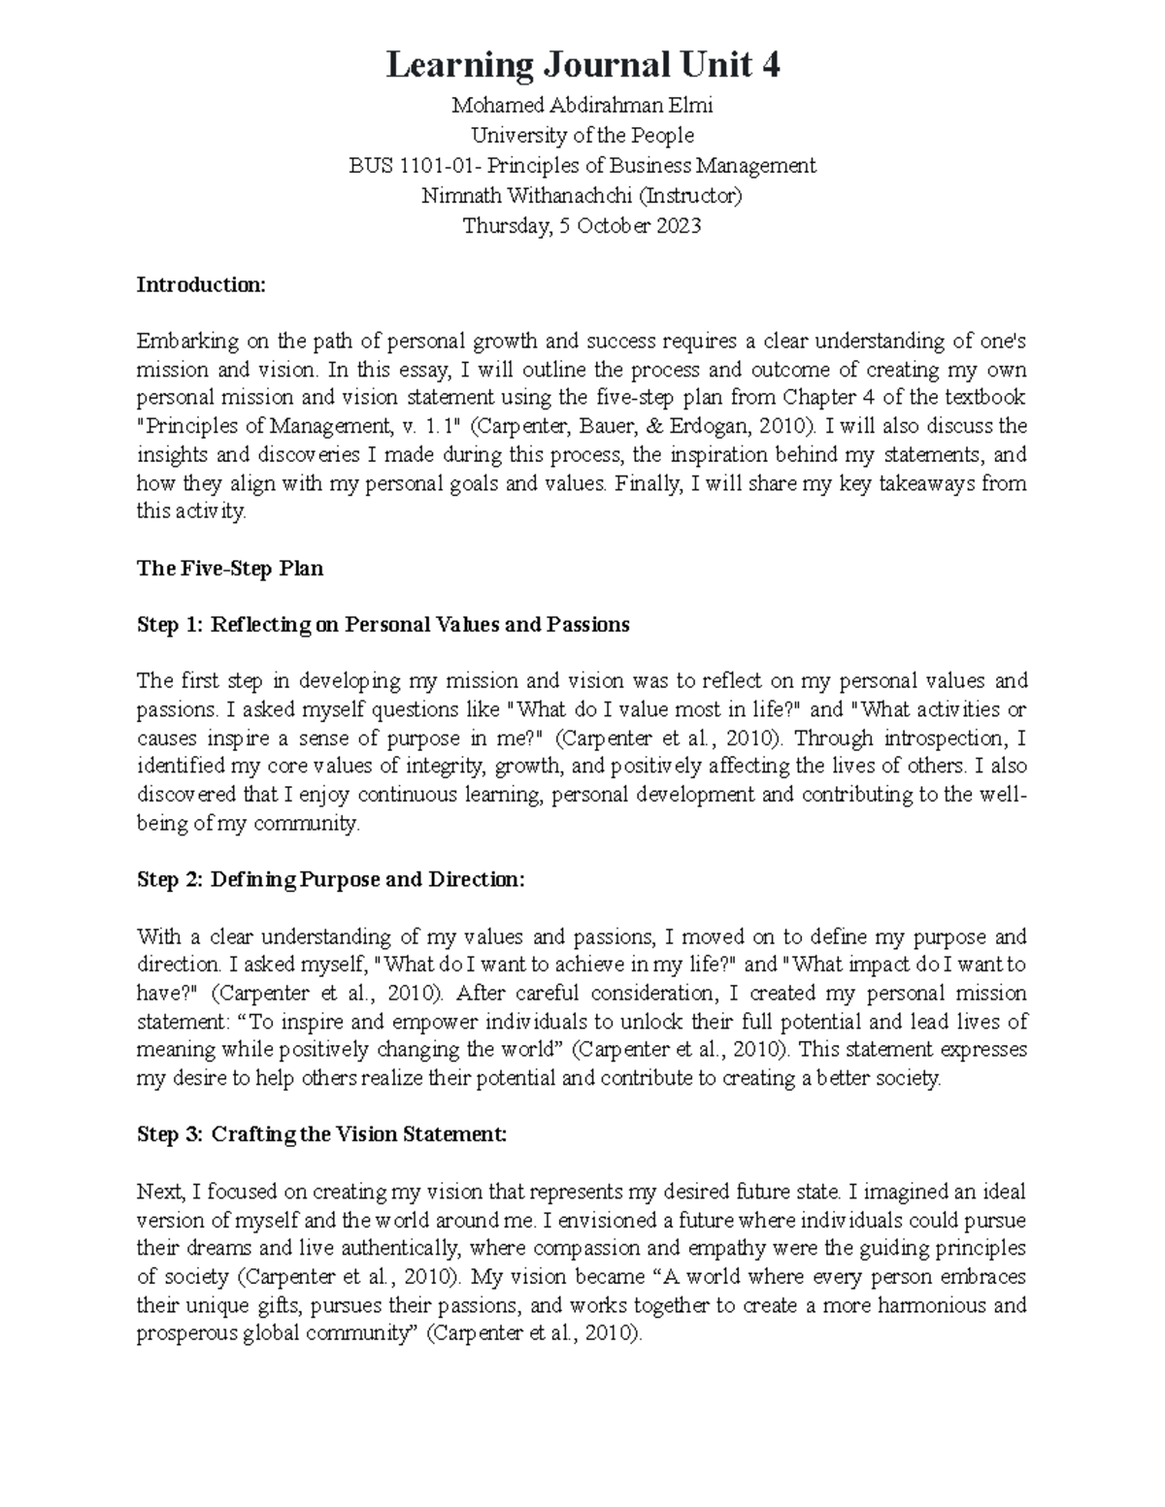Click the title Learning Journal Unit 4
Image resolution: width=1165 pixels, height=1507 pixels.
tap(582, 66)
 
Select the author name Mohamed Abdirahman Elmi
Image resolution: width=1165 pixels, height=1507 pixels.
tap(582, 106)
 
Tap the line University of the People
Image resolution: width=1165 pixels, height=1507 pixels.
tap(582, 136)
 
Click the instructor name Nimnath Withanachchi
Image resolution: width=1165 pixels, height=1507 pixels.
tap(526, 196)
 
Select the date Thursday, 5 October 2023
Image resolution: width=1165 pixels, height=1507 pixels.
tap(582, 226)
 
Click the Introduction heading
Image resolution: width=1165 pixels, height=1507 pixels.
tap(200, 285)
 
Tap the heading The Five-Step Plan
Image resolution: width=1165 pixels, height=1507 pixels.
tap(230, 569)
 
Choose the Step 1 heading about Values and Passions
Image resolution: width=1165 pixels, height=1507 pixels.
tap(383, 625)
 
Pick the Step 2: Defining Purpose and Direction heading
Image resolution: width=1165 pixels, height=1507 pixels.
tap(330, 880)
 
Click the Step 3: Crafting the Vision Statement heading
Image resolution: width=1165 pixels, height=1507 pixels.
tap(321, 1134)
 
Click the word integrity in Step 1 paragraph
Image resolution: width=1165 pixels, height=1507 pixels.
tap(440, 767)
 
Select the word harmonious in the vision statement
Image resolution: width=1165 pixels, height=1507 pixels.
tap(933, 1305)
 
